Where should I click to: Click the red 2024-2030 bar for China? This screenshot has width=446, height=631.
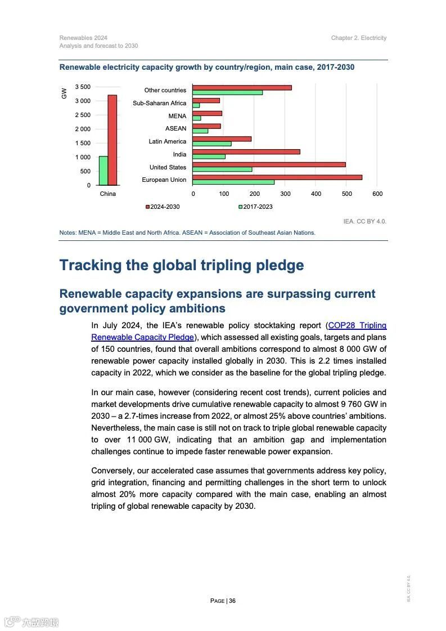[112, 140]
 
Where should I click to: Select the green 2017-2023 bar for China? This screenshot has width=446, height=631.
[103, 171]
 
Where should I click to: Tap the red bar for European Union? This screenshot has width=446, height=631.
[277, 177]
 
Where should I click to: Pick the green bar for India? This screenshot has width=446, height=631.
[209, 156]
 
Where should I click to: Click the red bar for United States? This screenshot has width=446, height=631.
[269, 164]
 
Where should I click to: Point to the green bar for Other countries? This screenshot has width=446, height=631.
[227, 93]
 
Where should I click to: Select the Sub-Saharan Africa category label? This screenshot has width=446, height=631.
[159, 103]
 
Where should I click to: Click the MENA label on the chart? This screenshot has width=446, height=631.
[177, 116]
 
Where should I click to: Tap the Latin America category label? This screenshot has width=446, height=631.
[167, 141]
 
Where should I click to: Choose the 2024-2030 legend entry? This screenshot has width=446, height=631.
[163, 207]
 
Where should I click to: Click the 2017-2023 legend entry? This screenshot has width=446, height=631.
[256, 207]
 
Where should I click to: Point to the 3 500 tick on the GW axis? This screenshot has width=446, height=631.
[82, 87]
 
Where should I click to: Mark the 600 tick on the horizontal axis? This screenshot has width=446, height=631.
[377, 194]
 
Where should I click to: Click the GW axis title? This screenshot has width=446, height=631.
[64, 93]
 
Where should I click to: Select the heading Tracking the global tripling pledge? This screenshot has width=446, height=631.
[182, 265]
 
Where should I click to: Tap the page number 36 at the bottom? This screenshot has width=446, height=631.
[232, 601]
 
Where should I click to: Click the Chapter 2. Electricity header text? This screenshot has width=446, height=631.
[359, 38]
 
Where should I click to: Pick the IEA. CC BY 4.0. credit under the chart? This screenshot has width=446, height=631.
[364, 221]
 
